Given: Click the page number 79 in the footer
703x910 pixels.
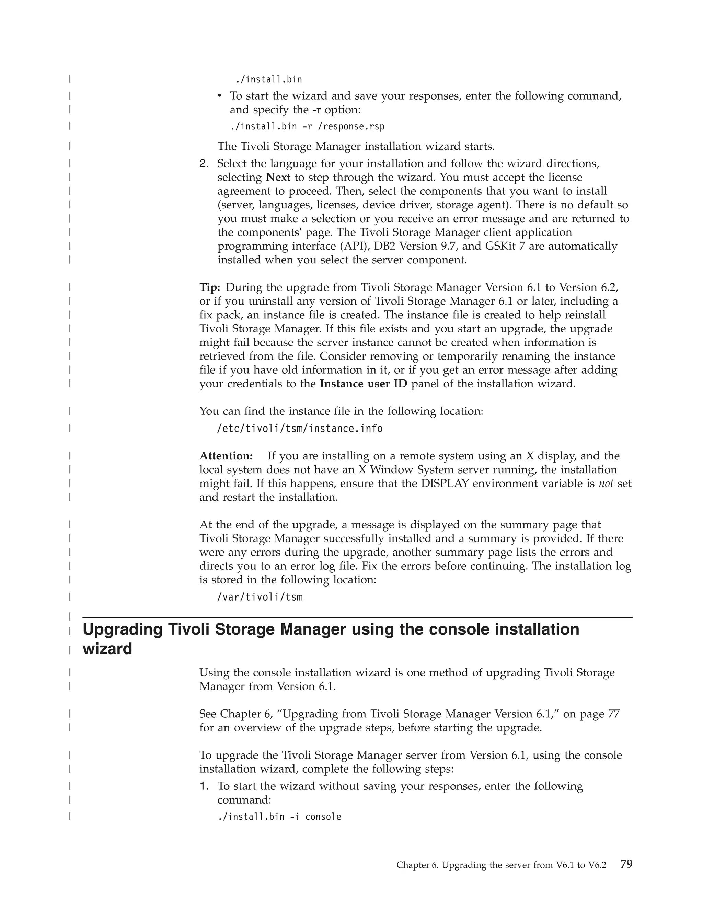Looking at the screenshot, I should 626,864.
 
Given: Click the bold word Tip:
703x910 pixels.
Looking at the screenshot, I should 210,287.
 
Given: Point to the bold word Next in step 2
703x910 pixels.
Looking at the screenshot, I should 278,178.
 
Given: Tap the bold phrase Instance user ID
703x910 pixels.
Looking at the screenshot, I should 363,384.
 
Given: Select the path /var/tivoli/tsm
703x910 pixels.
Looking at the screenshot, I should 260,597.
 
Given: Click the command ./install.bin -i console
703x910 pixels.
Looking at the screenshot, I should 279,817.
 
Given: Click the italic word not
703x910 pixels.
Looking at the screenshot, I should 606,484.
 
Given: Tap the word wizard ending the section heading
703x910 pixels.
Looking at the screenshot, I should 107,649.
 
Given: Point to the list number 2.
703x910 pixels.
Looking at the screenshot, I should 204,164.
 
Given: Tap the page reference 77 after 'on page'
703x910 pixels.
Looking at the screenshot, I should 613,714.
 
